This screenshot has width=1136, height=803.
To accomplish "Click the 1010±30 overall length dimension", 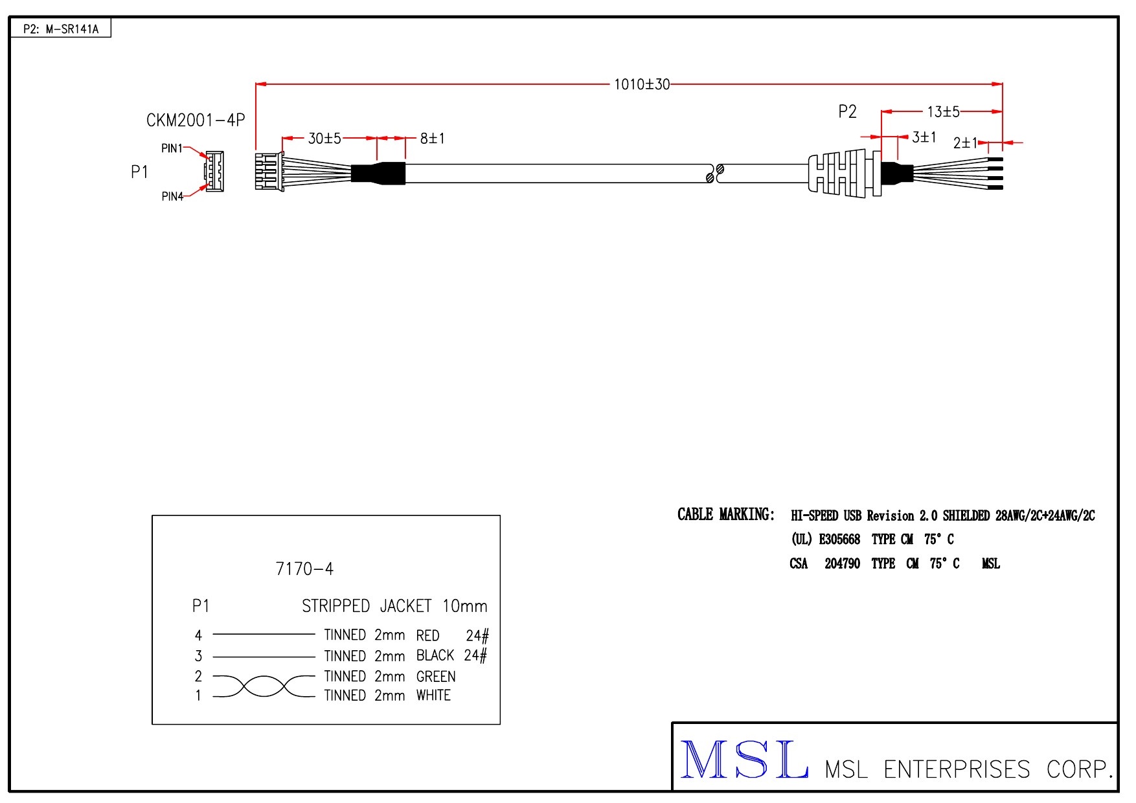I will tap(641, 84).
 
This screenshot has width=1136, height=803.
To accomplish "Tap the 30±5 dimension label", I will tap(324, 139).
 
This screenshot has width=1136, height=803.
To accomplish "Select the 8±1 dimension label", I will tap(432, 139).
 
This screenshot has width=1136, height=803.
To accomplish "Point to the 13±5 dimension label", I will tap(943, 112).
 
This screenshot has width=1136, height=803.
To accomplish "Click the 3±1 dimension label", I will tap(924, 137).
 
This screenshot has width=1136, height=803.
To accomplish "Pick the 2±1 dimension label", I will tap(964, 142).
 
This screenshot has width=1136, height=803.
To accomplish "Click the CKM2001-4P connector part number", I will tap(196, 120).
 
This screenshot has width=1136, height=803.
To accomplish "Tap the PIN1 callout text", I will tap(172, 148).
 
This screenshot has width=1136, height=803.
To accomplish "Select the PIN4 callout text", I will tap(172, 196).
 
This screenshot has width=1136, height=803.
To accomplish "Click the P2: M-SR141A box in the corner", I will tap(61, 29).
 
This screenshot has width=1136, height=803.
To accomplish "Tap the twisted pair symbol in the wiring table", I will tap(264, 686).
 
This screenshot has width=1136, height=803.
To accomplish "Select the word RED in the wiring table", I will tap(427, 635).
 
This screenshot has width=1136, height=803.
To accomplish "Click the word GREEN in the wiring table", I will tap(436, 677).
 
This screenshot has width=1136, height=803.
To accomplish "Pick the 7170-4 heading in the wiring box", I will tap(304, 569).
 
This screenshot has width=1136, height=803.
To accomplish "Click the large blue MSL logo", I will tap(744, 760).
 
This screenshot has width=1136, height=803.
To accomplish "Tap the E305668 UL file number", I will tap(839, 539).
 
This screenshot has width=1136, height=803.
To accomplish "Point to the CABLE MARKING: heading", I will tap(725, 515).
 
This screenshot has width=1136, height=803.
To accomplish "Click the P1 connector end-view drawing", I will tap(214, 172).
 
